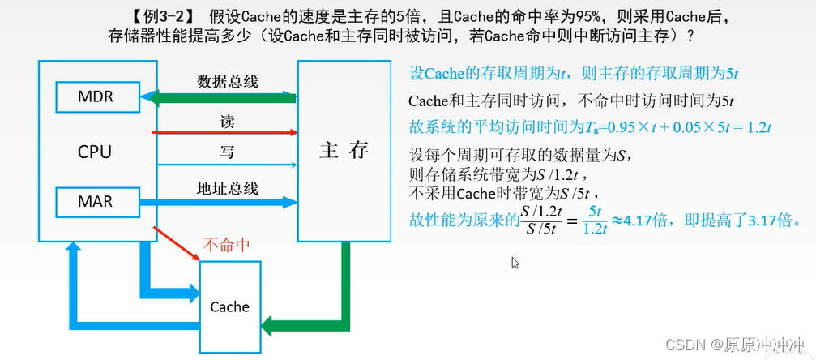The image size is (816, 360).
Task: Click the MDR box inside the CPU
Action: [x=96, y=98]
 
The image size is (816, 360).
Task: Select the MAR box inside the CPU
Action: [x=96, y=202]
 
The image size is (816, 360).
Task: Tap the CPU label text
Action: [x=95, y=152]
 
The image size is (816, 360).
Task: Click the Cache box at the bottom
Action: [x=229, y=306]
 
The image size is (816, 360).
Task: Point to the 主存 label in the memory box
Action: [x=344, y=151]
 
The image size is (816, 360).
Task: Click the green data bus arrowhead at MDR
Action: [x=147, y=98]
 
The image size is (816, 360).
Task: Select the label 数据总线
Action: [x=228, y=81]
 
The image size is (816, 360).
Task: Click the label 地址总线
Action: [x=228, y=188]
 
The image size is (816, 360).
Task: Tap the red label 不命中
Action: [x=226, y=244]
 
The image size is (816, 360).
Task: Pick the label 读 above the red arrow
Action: [x=228, y=121]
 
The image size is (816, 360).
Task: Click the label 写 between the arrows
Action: [x=228, y=152]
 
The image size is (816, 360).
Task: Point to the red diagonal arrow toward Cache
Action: [x=177, y=243]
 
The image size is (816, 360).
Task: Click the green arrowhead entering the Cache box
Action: [x=269, y=327]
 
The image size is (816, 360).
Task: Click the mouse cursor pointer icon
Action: [x=515, y=263]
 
